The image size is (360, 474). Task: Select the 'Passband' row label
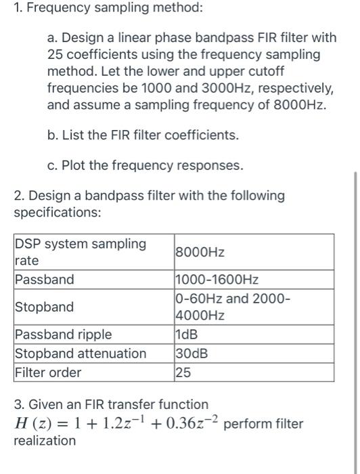coord(45,280)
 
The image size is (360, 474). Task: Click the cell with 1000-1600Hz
coord(217,280)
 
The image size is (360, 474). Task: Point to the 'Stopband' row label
coord(45,307)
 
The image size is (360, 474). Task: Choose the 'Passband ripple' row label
coord(64,335)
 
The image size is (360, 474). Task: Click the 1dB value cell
coord(187,335)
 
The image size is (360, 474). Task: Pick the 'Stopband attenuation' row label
coord(81,353)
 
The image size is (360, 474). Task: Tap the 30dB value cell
coord(191,353)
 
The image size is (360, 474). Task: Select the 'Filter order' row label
coord(48,372)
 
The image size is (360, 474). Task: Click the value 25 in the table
coord(183,372)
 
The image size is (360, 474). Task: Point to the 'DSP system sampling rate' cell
coord(80,252)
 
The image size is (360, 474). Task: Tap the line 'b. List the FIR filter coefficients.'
coord(143,135)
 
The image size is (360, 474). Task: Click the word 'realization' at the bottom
coord(45,441)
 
